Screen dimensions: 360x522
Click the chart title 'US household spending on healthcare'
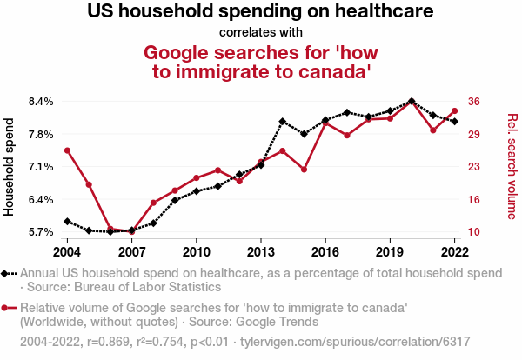261,12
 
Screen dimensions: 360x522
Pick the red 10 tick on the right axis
473,232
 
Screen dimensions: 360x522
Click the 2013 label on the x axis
261,251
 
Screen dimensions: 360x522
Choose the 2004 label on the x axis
67,251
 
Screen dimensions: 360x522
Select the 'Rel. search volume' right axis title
512,167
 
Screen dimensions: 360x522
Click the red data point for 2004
67,150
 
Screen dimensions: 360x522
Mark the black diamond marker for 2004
67,222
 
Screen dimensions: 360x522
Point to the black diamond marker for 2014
283,122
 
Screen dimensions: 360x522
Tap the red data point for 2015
304,169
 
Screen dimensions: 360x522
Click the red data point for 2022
455,110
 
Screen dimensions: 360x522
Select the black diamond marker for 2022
455,121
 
